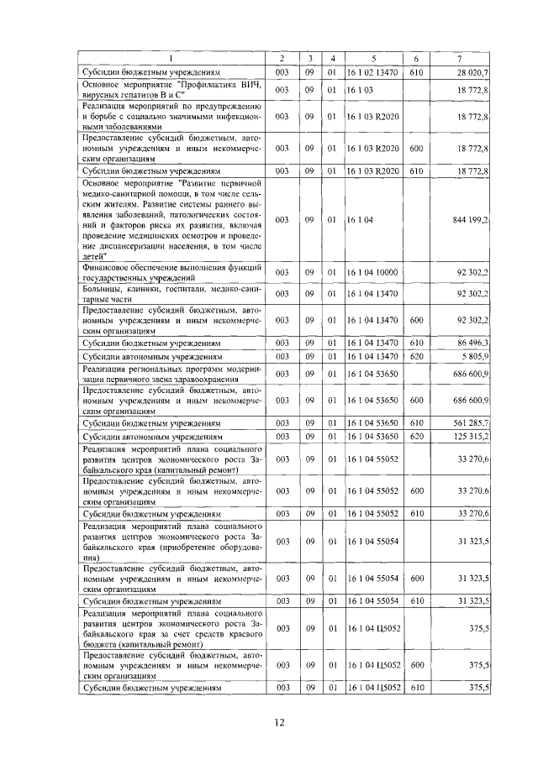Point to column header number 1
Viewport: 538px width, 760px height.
[172, 58]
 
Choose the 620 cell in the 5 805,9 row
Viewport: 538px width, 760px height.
[415, 357]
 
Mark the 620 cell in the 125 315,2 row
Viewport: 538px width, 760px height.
[415, 437]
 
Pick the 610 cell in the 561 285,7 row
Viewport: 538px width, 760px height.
[415, 422]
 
